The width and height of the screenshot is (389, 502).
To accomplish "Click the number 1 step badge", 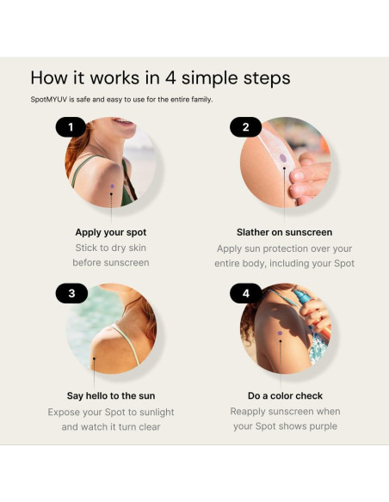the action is point(71,127).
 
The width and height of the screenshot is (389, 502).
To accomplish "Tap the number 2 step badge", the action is point(245,127).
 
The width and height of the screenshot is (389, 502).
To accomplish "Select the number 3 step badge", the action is point(71,293).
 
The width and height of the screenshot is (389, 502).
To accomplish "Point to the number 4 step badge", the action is point(246,293).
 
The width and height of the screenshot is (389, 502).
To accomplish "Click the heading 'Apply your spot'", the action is point(111,232).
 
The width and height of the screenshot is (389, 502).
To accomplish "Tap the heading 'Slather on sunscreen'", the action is point(285,232).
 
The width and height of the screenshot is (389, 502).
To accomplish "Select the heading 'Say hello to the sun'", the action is point(111,395).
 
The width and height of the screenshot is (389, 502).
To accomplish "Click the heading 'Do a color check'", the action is point(285,395).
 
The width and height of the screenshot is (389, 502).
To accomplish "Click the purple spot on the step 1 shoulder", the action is point(112,186).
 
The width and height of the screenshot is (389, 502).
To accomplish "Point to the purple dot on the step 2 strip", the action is point(283,158).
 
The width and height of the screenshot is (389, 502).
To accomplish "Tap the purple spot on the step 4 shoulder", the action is point(280,334).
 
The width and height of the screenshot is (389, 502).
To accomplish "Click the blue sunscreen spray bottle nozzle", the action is point(301,297).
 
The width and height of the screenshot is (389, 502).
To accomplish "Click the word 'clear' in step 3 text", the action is point(150,426).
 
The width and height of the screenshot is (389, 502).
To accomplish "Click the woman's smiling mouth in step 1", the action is point(124,122).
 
